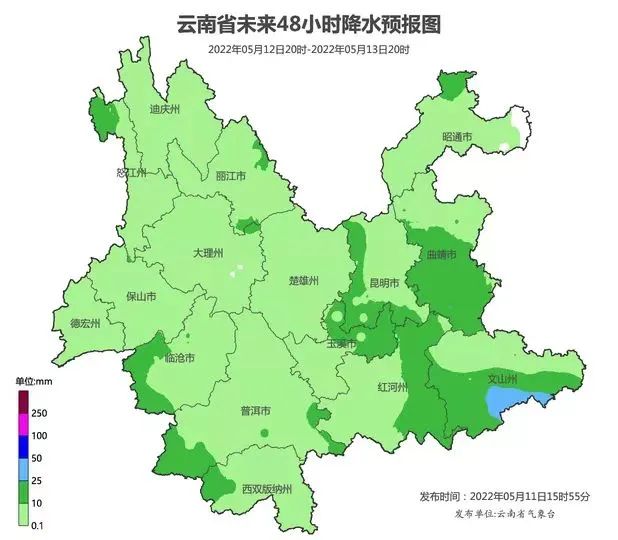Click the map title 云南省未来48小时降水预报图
pos(309,23)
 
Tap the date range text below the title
pos(309,48)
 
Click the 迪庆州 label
pos(164,110)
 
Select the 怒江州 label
pos(132,173)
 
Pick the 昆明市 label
pos(384,284)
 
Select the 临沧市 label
pos(179,357)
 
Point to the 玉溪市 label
pos(342,344)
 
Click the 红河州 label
pos(392,386)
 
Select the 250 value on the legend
pos(40,413)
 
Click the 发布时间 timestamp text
pos(505,496)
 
